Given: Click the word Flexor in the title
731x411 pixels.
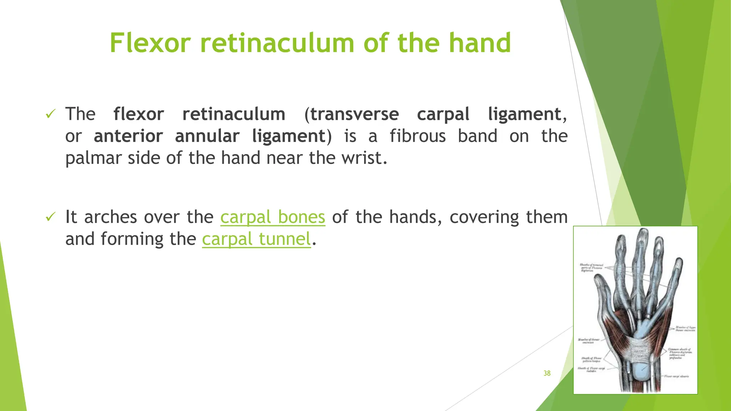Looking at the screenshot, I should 150,43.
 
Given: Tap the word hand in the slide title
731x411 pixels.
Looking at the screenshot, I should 480,43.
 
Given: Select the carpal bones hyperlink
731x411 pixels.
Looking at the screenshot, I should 273,217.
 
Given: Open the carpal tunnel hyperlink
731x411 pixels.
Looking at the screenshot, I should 256,239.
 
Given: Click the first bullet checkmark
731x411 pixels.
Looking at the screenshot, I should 51,115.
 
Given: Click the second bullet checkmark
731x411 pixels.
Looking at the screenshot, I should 51,217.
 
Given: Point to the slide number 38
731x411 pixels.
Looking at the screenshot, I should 547,373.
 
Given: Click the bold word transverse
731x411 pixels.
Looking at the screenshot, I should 354,115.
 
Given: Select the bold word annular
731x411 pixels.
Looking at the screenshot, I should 207,136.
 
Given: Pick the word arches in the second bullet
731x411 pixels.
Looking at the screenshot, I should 111,217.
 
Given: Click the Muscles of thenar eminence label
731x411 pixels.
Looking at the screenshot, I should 589,341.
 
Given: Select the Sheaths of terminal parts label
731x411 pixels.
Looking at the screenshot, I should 591,268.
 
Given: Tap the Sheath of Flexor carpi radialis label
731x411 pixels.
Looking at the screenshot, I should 591,369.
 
